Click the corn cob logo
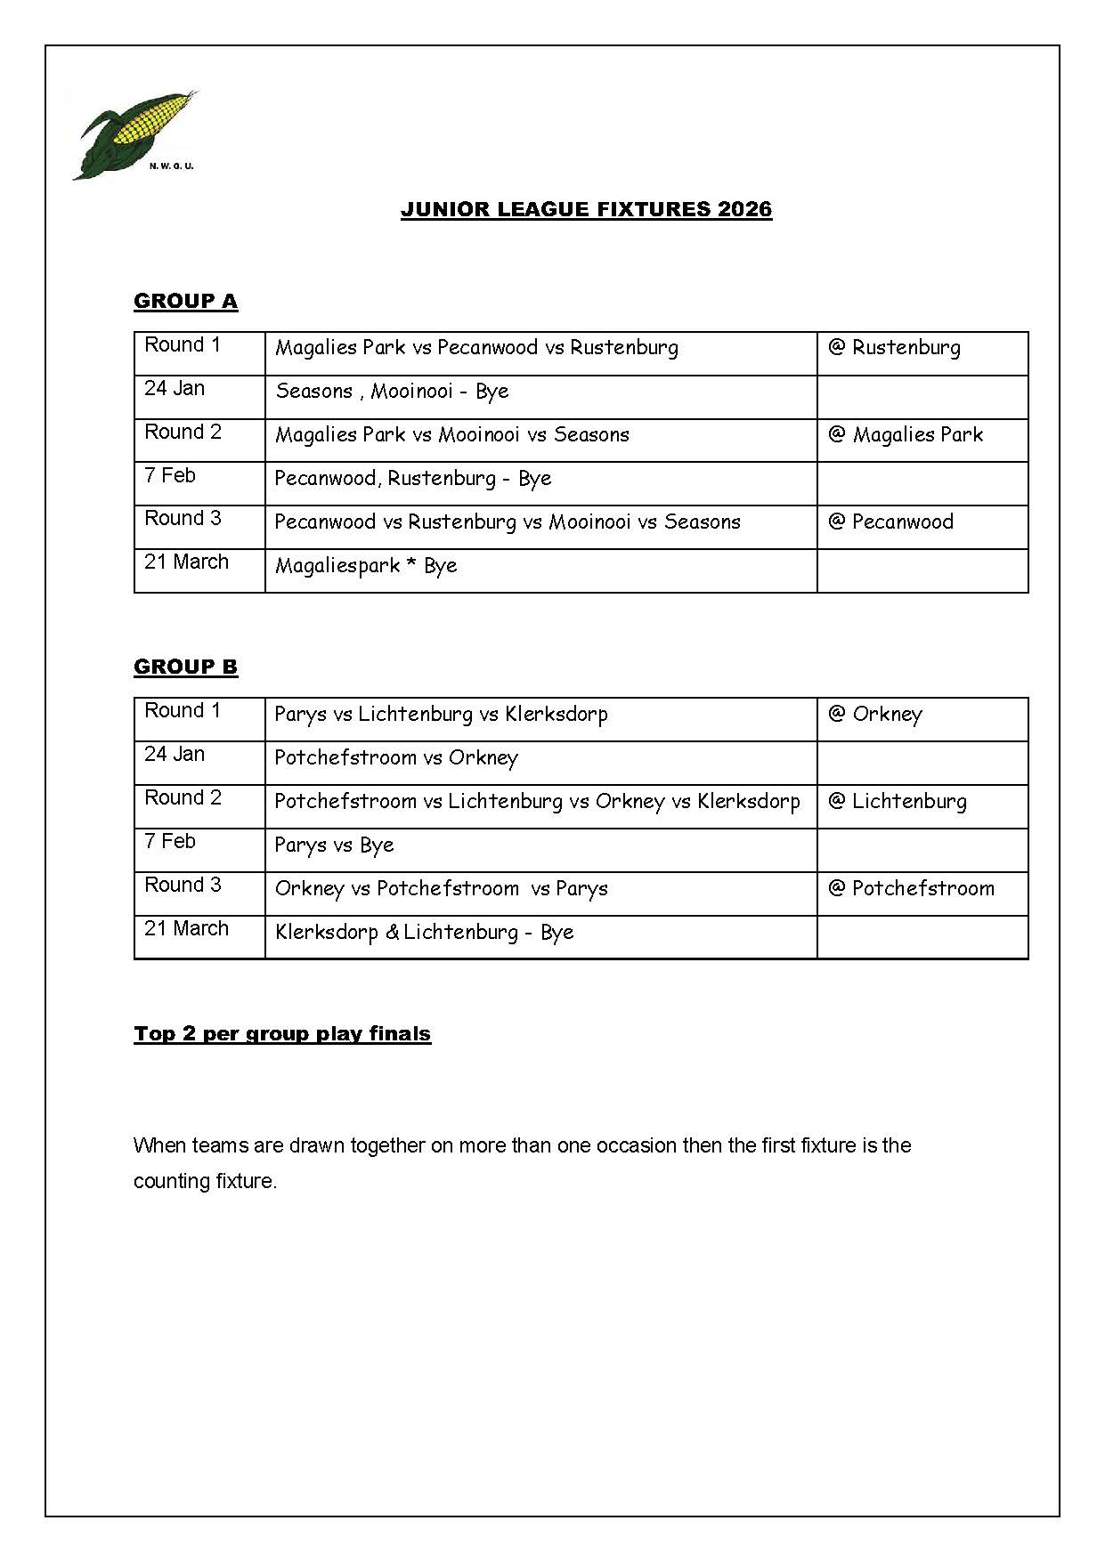point(134,133)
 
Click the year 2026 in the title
point(745,209)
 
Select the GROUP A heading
point(185,301)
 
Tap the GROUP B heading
point(185,667)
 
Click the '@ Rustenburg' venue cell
point(894,347)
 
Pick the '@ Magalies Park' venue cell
point(906,434)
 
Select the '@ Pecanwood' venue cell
point(890,522)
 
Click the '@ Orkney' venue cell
point(875,714)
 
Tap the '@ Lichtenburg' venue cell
point(897,801)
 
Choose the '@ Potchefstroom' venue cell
point(911,888)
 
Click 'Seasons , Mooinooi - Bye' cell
point(392,391)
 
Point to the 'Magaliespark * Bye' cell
point(366,565)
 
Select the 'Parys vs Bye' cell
point(334,845)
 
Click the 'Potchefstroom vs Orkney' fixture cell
point(396,757)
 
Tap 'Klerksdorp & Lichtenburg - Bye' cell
point(424,932)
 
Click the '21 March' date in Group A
point(186,562)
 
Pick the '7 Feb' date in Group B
point(170,841)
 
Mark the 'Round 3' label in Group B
point(183,885)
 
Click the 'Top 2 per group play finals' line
point(282,1033)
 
